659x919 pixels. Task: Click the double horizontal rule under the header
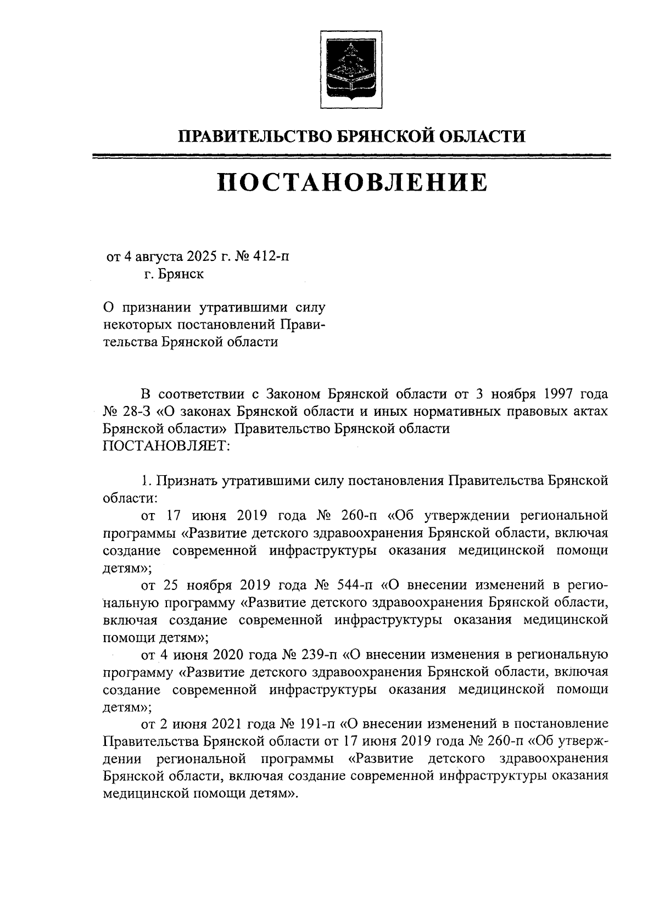tap(351, 157)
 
